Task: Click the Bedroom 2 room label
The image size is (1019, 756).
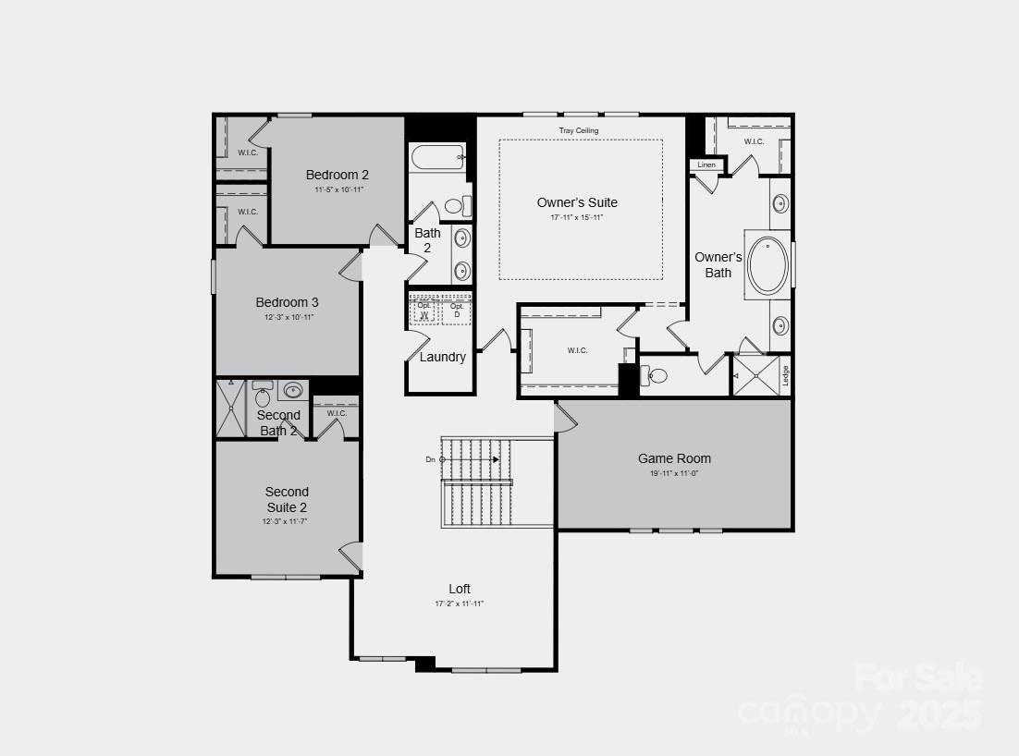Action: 338,175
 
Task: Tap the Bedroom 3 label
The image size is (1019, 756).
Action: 288,302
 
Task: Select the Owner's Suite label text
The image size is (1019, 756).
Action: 577,202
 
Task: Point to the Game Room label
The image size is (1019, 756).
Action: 674,458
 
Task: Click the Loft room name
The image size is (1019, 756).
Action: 460,589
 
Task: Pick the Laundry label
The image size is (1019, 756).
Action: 443,357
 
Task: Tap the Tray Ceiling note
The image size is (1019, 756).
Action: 579,131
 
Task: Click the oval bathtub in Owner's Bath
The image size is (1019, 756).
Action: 767,265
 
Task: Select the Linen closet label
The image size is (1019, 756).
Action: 706,165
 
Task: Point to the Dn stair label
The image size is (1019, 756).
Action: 430,459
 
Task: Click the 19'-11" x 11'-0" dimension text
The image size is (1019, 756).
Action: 673,474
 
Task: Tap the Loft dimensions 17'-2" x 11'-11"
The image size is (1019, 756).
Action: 460,604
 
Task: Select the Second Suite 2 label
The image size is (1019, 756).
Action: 287,499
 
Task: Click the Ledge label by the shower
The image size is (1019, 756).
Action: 785,375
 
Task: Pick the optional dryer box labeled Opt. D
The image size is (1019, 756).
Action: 456,311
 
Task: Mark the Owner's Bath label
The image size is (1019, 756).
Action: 718,264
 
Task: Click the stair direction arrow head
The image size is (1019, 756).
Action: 496,459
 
